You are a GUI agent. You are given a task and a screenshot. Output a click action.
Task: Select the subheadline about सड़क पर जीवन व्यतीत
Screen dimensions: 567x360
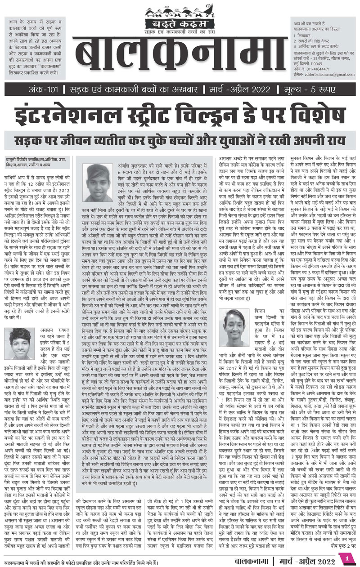[180, 138]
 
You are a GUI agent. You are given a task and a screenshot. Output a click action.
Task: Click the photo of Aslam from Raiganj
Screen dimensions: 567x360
[19, 343]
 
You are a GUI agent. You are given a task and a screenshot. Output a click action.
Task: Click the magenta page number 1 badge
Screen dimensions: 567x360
[347, 558]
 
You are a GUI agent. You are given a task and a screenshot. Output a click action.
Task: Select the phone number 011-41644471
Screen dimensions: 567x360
[316, 69]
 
